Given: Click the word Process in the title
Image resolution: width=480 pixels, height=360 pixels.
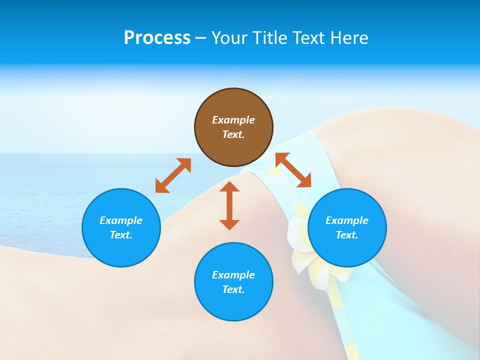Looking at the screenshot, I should coord(157,38).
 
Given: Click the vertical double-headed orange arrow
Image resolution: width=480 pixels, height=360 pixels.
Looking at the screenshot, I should coord(229,205).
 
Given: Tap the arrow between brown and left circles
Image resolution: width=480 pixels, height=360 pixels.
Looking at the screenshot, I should coord(173,175).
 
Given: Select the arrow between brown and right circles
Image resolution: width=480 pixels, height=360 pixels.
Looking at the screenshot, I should coord(293,170).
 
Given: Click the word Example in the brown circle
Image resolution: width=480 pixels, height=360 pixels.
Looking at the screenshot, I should coord(233,120).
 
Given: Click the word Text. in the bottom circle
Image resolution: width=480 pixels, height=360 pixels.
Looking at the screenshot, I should coord(233,289).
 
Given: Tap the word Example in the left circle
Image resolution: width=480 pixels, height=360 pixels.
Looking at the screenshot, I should coord(121,220).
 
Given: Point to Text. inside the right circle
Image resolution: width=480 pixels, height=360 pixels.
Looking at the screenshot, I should coord(347,235).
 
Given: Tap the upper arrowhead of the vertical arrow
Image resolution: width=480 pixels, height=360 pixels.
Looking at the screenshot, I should coord(229,186).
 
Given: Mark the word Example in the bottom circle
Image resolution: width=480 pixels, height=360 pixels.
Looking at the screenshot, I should coord(233,275).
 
